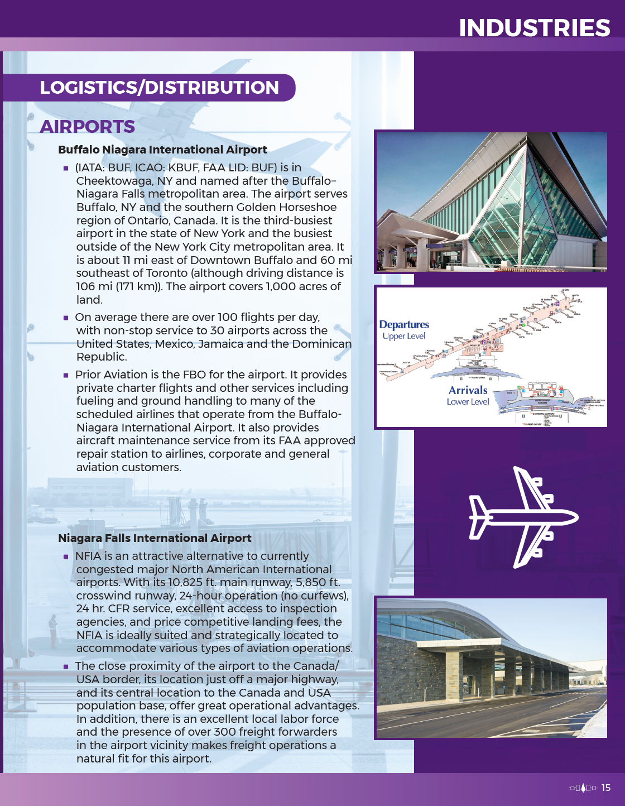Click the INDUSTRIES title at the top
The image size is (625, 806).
tap(534, 28)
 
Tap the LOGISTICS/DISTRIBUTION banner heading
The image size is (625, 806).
tap(159, 88)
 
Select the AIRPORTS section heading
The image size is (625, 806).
tap(88, 127)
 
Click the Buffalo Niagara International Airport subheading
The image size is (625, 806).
tap(162, 150)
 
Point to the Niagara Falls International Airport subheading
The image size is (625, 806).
tap(155, 538)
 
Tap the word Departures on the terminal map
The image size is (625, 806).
tap(404, 324)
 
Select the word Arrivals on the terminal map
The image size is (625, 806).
tap(468, 390)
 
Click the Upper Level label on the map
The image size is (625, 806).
tap(403, 336)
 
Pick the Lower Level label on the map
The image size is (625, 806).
tap(468, 401)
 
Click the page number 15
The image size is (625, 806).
tap(606, 788)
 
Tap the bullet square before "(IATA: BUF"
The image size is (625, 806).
tap(66, 168)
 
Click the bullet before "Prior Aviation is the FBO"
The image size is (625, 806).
tap(66, 375)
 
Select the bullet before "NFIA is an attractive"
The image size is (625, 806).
tap(66, 556)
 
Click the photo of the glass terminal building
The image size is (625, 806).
tap(491, 202)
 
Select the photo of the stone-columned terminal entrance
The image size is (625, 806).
tap(491, 668)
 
